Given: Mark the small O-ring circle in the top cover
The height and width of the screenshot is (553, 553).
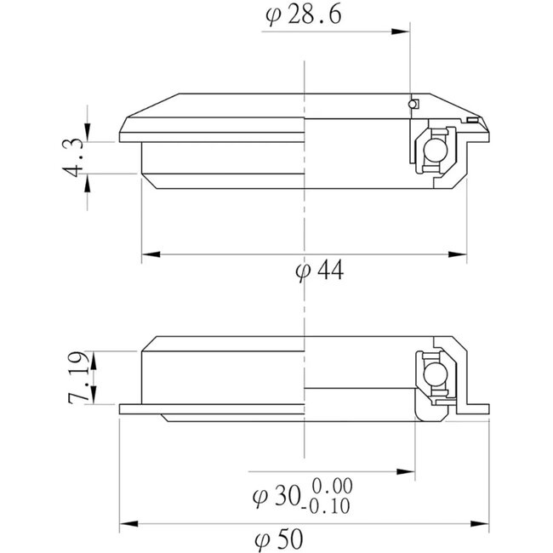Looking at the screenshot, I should click(413, 104).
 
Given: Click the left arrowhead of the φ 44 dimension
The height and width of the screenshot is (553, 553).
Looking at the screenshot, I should click(146, 254).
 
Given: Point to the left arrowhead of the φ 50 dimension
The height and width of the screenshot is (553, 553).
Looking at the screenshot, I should click(127, 523).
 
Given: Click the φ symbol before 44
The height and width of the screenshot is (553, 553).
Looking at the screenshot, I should click(299, 272).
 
